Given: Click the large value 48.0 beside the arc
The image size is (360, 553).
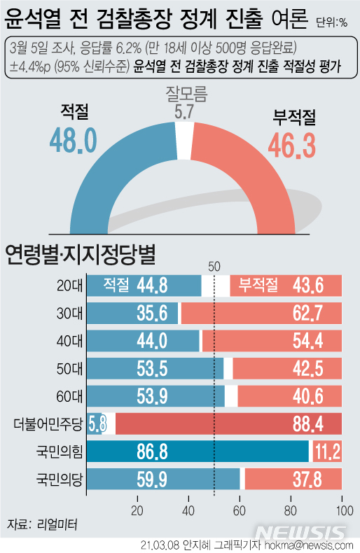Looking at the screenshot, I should coord(73,140).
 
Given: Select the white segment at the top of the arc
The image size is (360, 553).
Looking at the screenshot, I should coord(184,131).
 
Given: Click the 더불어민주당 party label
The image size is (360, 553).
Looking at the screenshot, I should coord(49,423).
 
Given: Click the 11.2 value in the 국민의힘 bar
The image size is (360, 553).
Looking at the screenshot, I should coord(328,451).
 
